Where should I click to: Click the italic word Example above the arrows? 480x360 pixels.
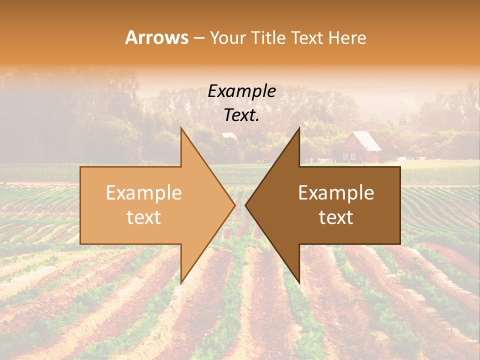242,91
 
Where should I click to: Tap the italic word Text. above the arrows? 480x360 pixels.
242,115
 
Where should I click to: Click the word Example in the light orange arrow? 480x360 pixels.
144,192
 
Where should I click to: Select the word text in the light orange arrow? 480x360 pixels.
144,217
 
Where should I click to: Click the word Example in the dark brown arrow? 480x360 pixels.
336,192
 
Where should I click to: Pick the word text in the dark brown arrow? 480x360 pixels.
336,217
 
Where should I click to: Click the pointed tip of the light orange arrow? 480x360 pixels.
233,205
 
